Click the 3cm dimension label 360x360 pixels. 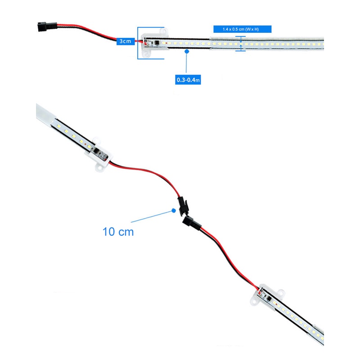(126, 41)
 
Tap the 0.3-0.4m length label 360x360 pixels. (188, 80)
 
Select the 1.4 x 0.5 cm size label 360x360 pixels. (242, 29)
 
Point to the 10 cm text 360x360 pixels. (118, 232)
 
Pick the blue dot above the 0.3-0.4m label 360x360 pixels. (187, 51)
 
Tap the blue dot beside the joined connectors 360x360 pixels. (174, 210)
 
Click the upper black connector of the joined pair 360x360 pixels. (183, 206)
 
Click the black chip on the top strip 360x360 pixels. (157, 42)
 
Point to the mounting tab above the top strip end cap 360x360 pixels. (164, 31)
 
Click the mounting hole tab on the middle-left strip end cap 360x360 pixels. (99, 168)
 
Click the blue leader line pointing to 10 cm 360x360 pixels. (152, 216)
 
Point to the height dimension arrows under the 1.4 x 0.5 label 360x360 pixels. (241, 43)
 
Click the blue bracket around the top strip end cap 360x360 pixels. (138, 43)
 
